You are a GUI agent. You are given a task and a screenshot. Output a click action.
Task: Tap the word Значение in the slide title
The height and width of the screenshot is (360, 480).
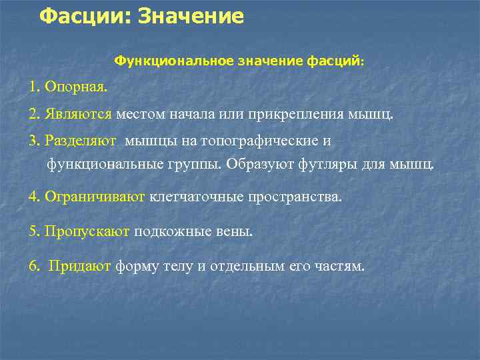point(191,16)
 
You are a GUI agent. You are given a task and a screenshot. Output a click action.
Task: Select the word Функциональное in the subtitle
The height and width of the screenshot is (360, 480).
point(174,61)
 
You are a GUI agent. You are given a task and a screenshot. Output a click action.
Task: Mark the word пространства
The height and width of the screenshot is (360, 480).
point(294,197)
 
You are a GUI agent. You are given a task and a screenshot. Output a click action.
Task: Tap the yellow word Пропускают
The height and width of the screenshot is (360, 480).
point(88,232)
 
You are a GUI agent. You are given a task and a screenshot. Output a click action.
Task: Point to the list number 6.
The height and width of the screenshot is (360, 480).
point(33,266)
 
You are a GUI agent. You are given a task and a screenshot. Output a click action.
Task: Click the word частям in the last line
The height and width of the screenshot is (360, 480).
point(341,266)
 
